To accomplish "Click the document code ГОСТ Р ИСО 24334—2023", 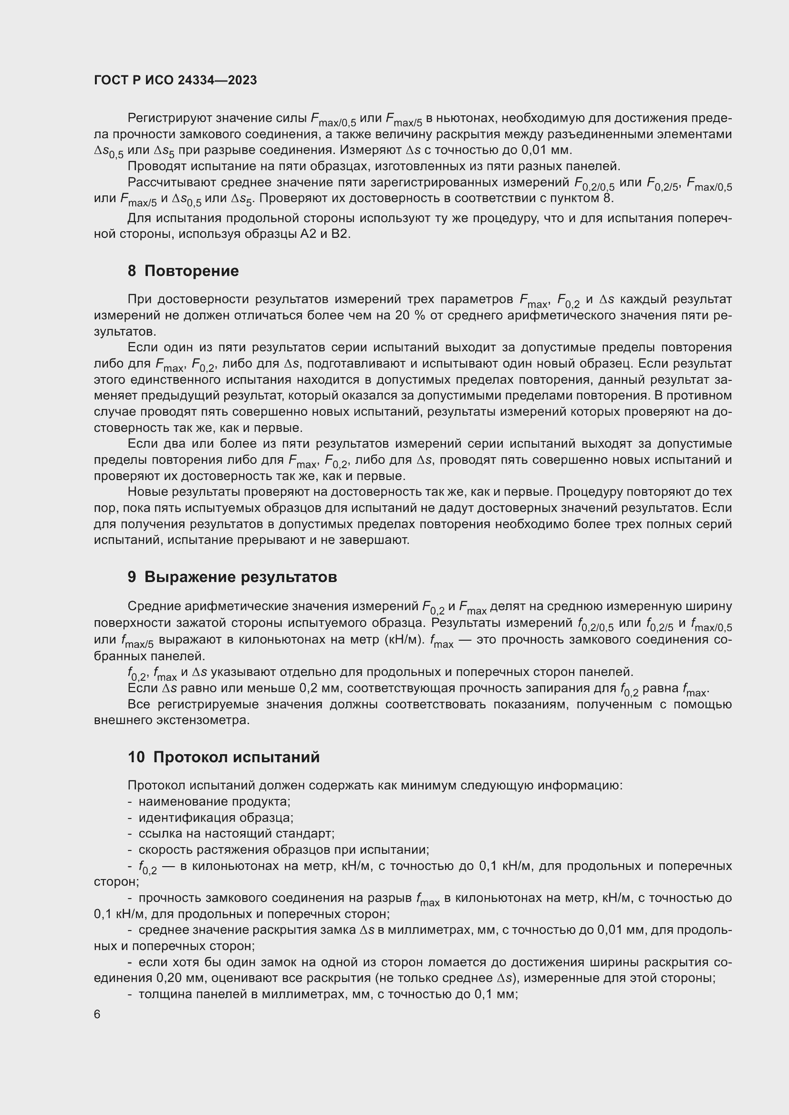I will [176, 80].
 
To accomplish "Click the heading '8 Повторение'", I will [183, 271].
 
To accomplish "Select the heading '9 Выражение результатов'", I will [232, 577].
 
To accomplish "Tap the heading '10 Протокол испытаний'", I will [223, 757].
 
